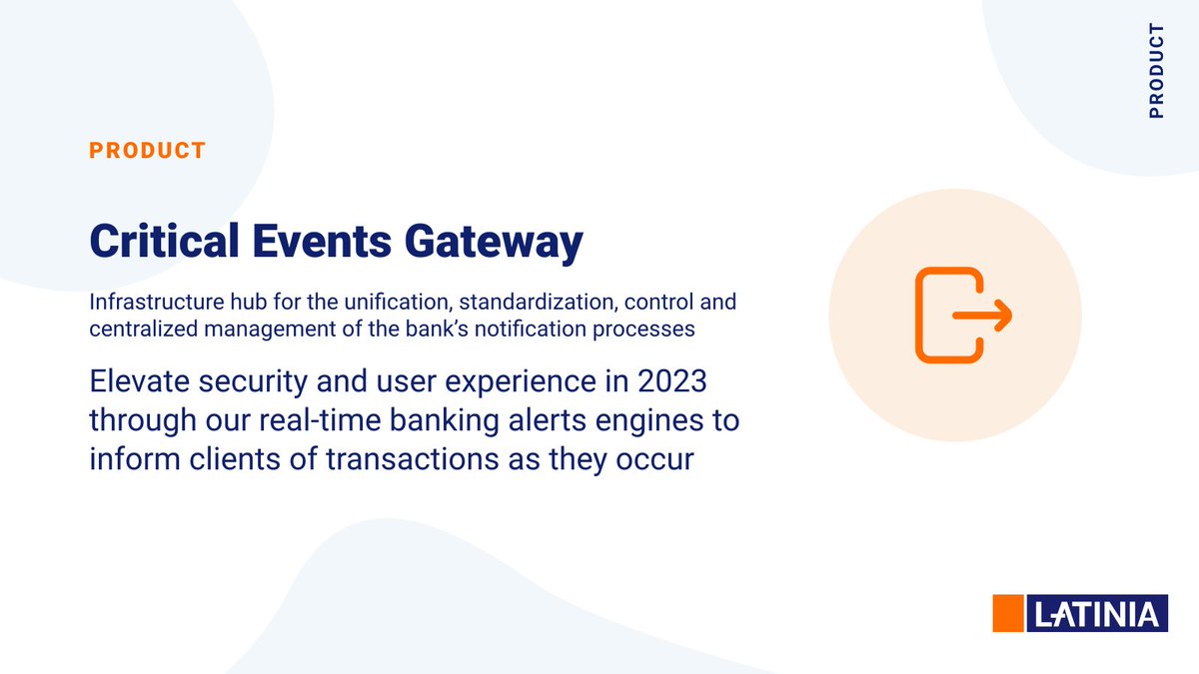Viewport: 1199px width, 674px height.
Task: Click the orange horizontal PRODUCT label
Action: (147, 151)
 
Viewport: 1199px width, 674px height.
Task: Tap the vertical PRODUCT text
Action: (1156, 71)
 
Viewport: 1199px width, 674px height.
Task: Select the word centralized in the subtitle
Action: (134, 327)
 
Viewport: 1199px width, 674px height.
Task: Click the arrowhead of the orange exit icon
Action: (1002, 317)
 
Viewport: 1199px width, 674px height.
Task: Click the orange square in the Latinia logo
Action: (1008, 612)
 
